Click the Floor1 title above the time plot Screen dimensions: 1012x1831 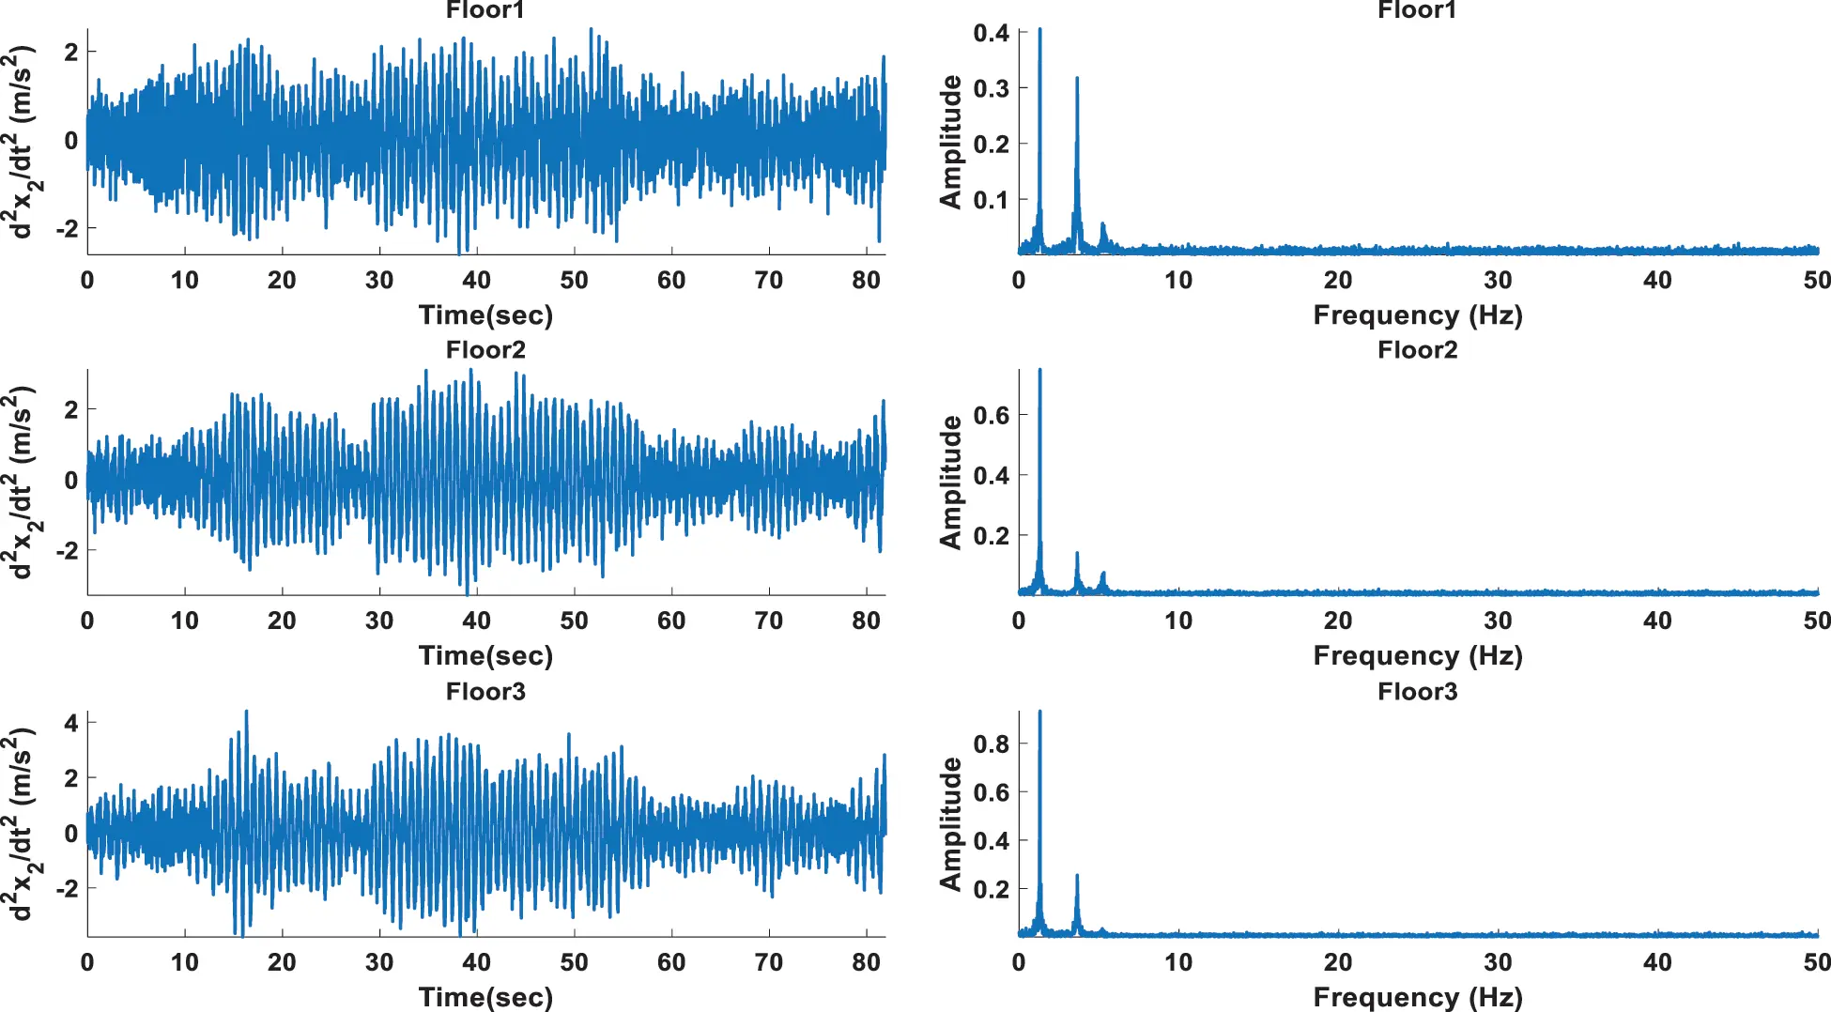[x=485, y=10]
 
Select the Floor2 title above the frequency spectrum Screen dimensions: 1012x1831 [x=1417, y=350]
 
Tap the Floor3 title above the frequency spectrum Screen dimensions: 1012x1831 [x=1417, y=692]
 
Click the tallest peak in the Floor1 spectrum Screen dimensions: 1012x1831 [x=1039, y=31]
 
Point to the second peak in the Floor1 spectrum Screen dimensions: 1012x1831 [x=1077, y=80]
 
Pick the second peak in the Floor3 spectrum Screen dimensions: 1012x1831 [x=1077, y=877]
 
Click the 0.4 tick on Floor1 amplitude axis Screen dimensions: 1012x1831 [x=991, y=33]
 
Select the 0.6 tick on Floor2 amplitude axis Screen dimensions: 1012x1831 [x=991, y=415]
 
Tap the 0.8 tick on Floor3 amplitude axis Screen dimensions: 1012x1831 [x=991, y=744]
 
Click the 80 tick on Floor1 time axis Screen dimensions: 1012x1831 [x=866, y=280]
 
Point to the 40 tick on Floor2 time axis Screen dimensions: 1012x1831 [x=476, y=621]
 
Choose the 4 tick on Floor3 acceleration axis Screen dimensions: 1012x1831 [x=71, y=723]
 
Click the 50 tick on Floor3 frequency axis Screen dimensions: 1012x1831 [x=1816, y=962]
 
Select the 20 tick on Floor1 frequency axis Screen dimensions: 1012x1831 [x=1337, y=280]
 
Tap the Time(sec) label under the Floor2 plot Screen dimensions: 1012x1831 [x=485, y=655]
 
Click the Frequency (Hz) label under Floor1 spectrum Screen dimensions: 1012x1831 [x=1417, y=314]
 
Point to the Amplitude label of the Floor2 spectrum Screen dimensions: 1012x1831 [x=950, y=482]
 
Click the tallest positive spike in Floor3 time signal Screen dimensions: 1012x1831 [x=246, y=713]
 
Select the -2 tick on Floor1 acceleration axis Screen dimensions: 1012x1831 [x=67, y=228]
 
